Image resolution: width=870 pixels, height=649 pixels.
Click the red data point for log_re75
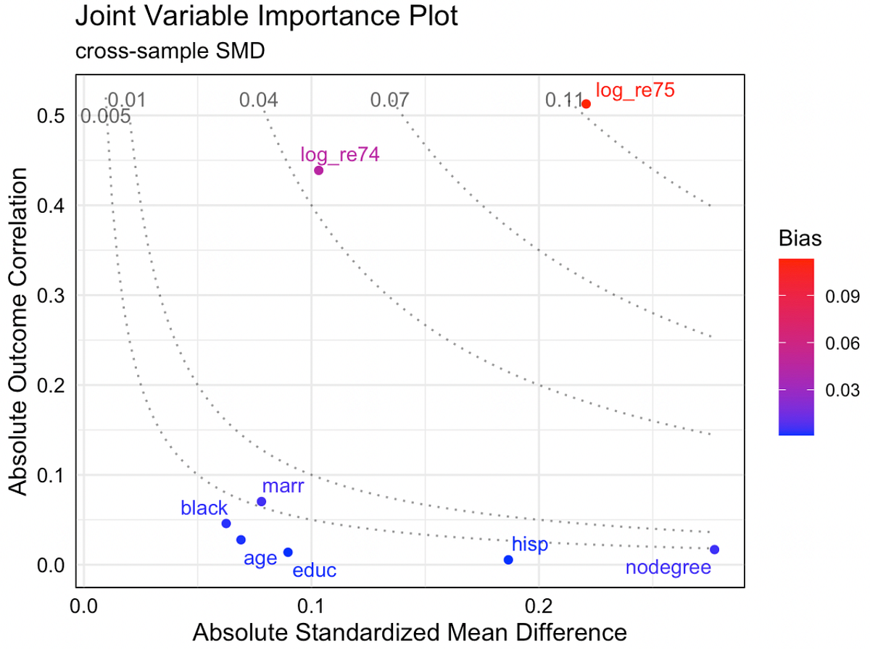click(587, 104)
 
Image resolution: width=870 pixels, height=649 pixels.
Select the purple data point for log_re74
click(318, 171)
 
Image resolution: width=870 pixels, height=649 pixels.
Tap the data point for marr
click(262, 502)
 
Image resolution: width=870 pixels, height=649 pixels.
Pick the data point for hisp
click(508, 560)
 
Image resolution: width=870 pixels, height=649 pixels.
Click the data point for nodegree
click(715, 550)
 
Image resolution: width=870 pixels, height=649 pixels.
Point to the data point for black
click(226, 524)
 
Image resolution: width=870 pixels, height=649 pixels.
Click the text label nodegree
click(668, 568)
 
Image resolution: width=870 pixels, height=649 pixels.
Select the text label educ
click(315, 571)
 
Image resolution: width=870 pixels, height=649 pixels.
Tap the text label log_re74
click(340, 154)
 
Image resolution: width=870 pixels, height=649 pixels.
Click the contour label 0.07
click(389, 100)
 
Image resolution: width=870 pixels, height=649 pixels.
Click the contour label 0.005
click(106, 116)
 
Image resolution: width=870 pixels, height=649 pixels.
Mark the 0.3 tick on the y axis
click(51, 296)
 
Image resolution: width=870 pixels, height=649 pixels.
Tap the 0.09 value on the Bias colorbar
click(842, 296)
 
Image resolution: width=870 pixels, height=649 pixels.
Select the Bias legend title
click(800, 239)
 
